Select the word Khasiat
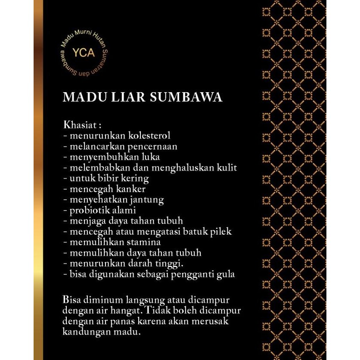click(80, 125)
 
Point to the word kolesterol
click(149, 136)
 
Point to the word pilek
click(221, 232)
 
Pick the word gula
click(225, 274)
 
